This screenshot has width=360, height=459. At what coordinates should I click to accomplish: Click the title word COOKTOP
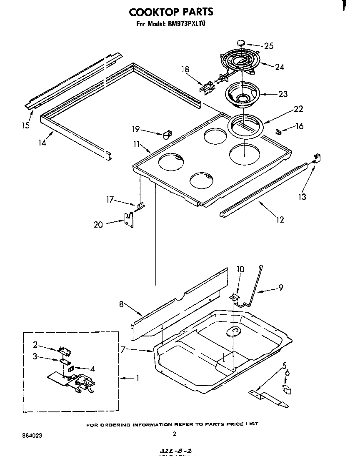pos(154,11)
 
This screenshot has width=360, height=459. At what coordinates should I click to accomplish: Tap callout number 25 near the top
pos(269,46)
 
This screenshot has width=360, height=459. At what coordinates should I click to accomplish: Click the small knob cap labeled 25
pos(241,43)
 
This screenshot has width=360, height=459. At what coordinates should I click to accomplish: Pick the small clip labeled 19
pos(167,134)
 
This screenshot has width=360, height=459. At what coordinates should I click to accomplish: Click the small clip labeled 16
pos(280,132)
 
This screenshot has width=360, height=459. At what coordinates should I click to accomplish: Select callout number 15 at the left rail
pos(26,125)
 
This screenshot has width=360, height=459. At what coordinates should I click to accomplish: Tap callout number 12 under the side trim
pos(280,219)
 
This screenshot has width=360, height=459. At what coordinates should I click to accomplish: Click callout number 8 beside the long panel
pos(122,304)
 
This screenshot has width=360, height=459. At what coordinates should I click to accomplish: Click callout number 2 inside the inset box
pos(35,344)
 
